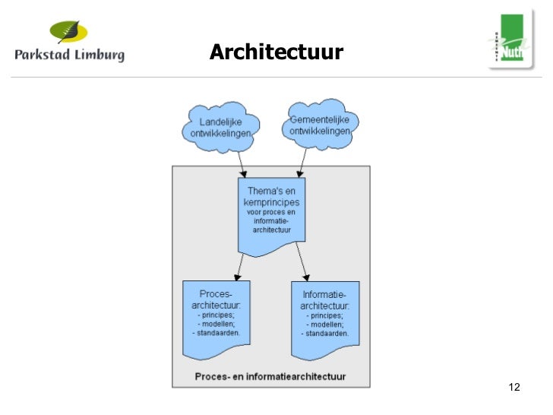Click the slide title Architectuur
point(276,52)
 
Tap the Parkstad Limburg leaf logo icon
point(69,32)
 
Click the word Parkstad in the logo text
point(43,55)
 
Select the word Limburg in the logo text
point(99,55)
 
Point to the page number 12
point(514,388)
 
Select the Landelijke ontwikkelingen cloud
point(220,128)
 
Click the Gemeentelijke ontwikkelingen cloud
point(320,124)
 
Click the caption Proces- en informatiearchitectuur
point(270,376)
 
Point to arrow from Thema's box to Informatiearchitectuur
point(303,266)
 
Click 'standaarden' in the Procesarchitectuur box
point(217,333)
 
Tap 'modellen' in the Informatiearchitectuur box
point(327,324)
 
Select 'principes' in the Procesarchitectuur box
point(217,315)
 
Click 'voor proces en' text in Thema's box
point(271,212)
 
